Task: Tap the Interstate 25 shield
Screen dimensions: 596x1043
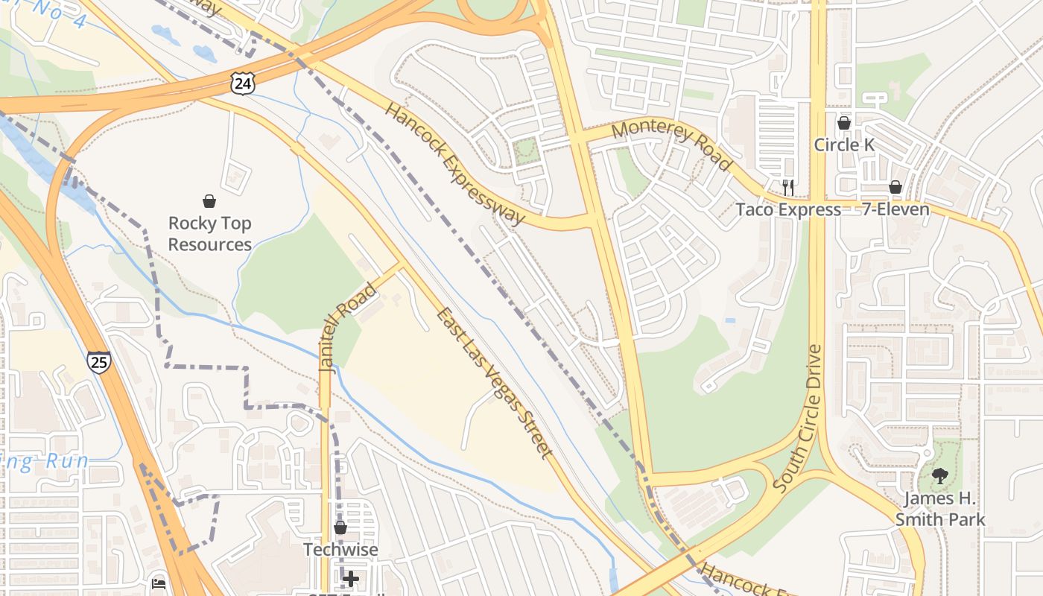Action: click(98, 361)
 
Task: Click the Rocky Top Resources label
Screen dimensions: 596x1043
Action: click(209, 234)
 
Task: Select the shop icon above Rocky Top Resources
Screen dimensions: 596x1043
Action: click(209, 201)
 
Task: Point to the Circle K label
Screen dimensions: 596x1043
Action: click(844, 145)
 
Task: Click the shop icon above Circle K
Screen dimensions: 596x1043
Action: click(844, 123)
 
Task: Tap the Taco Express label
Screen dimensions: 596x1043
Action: click(788, 209)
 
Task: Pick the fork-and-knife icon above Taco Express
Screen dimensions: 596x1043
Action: click(788, 187)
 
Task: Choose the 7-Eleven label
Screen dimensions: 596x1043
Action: click(895, 209)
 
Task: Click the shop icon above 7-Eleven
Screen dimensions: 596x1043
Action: click(895, 187)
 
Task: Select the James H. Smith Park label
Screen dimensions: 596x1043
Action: click(940, 509)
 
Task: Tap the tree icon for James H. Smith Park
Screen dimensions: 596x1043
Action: click(940, 475)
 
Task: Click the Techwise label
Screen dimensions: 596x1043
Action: click(340, 550)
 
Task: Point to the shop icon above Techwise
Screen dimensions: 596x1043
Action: click(340, 527)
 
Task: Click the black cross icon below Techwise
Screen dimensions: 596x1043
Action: click(351, 578)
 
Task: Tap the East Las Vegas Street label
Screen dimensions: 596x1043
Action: click(495, 383)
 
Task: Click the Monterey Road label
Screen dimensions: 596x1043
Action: click(671, 144)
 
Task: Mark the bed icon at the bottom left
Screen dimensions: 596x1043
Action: click(159, 583)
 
